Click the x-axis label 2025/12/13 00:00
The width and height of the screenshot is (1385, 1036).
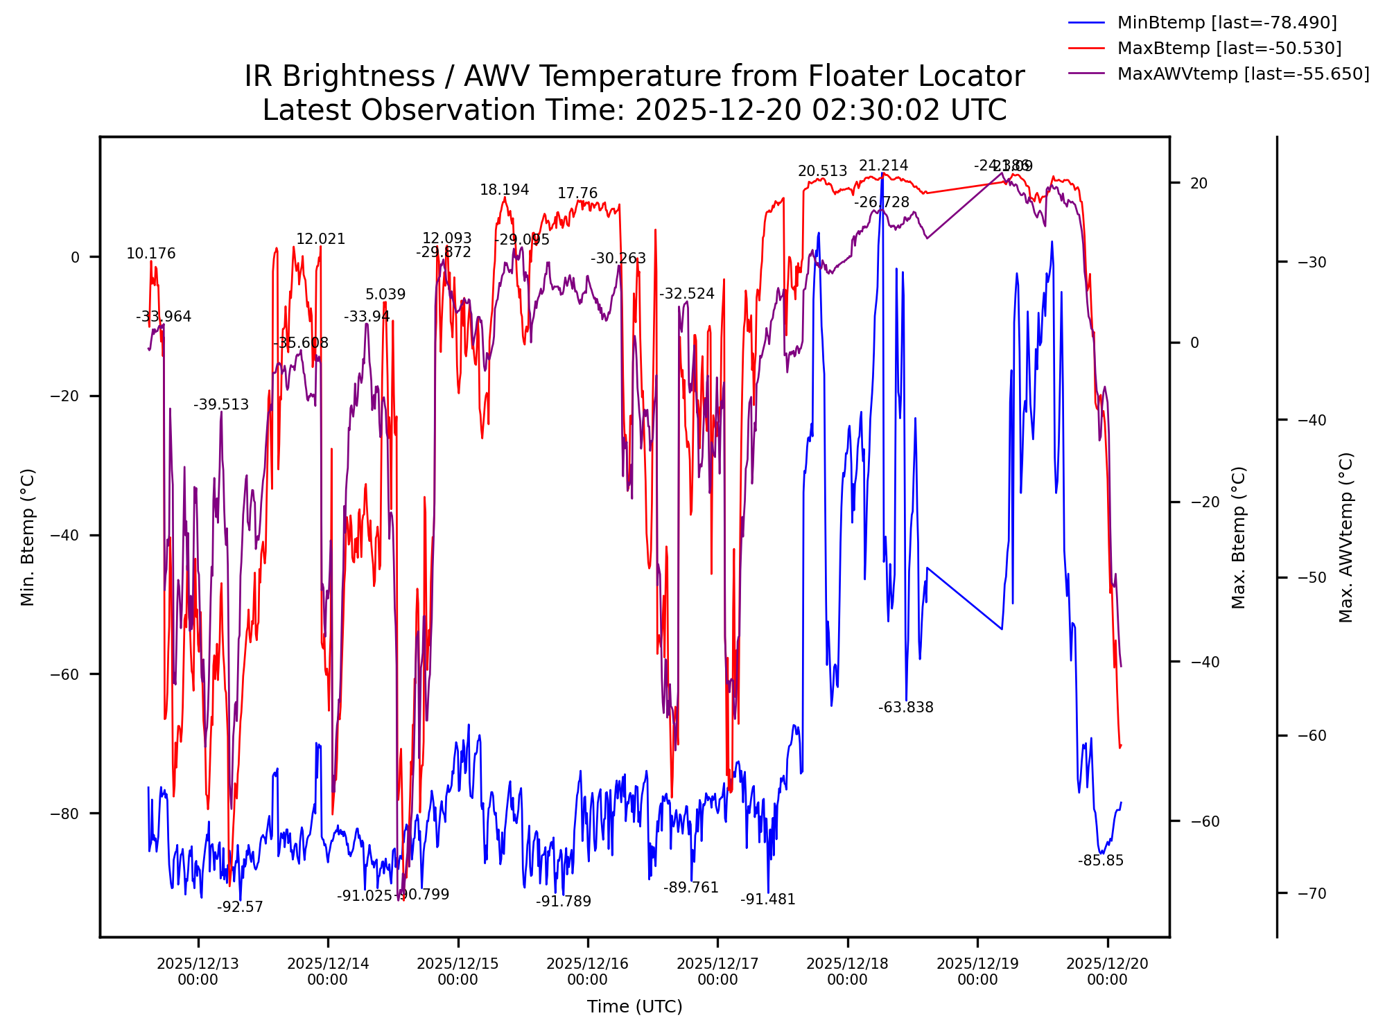[x=198, y=972]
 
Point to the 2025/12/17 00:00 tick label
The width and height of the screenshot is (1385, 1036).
[x=717, y=972]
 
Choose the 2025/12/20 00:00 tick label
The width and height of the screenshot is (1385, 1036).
[x=1107, y=972]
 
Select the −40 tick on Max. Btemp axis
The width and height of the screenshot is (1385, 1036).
[x=1205, y=662]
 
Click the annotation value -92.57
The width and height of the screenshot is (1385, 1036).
[x=240, y=907]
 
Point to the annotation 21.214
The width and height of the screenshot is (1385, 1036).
[x=883, y=166]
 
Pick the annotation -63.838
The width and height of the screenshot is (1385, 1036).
[x=905, y=708]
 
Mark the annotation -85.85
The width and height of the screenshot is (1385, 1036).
[x=1100, y=861]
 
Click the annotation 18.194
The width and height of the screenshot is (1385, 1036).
[x=504, y=190]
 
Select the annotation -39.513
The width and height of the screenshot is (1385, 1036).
[x=220, y=405]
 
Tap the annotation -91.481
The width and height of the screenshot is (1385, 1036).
[x=767, y=899]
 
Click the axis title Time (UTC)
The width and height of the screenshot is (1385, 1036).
[x=634, y=1007]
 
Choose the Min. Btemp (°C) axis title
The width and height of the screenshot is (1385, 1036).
[x=28, y=537]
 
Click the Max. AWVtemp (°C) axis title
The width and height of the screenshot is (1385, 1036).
[x=1345, y=537]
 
